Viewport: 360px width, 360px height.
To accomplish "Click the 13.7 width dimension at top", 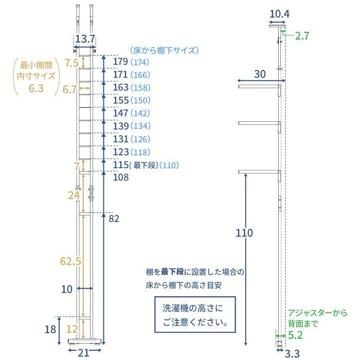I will tap(85, 39).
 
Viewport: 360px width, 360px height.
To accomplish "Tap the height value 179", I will tap(121, 62).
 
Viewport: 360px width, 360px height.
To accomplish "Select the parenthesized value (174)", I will tap(139, 63).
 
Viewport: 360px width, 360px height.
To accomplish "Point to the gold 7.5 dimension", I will tap(71, 64).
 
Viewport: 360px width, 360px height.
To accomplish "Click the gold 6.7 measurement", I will tap(69, 89).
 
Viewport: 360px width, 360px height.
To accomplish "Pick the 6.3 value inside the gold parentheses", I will tap(36, 88).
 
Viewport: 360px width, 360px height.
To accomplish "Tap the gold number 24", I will tap(74, 195).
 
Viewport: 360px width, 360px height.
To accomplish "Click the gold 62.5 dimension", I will tap(70, 261).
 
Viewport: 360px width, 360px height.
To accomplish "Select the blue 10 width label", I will tap(67, 289).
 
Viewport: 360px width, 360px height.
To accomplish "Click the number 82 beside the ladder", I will tap(114, 219).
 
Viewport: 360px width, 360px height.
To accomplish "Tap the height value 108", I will tap(121, 177).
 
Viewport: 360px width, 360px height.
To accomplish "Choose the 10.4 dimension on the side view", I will tap(279, 14).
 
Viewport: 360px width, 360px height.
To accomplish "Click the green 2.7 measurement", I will tap(303, 36).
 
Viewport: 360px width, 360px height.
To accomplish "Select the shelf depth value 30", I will tap(260, 74).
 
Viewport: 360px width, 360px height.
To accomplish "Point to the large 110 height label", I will tap(245, 233).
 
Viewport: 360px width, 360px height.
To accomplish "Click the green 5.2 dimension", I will tap(295, 335).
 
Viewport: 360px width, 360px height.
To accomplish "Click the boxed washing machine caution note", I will tap(195, 316).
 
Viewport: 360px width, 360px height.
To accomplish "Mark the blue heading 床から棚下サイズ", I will tap(164, 50).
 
